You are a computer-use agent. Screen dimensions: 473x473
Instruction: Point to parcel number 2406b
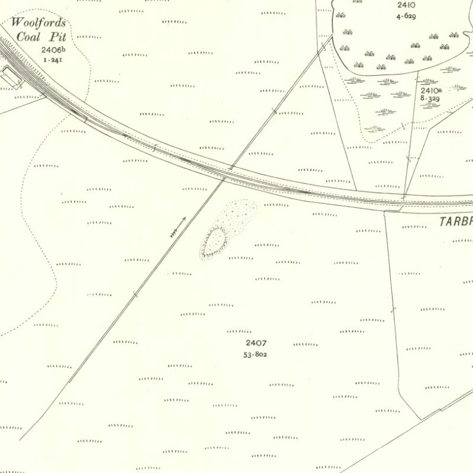pos(53,51)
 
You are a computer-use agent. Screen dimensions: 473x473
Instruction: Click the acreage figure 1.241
pos(51,60)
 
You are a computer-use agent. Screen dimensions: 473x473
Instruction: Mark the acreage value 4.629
pos(406,16)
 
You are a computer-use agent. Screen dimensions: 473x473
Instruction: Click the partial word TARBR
pos(456,222)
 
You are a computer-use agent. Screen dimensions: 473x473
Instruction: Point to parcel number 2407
pos(257,343)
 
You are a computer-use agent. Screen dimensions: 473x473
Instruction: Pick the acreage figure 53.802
pos(255,354)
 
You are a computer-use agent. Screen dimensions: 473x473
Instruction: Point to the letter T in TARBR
pos(442,222)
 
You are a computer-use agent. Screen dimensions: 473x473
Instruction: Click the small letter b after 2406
pos(63,49)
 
